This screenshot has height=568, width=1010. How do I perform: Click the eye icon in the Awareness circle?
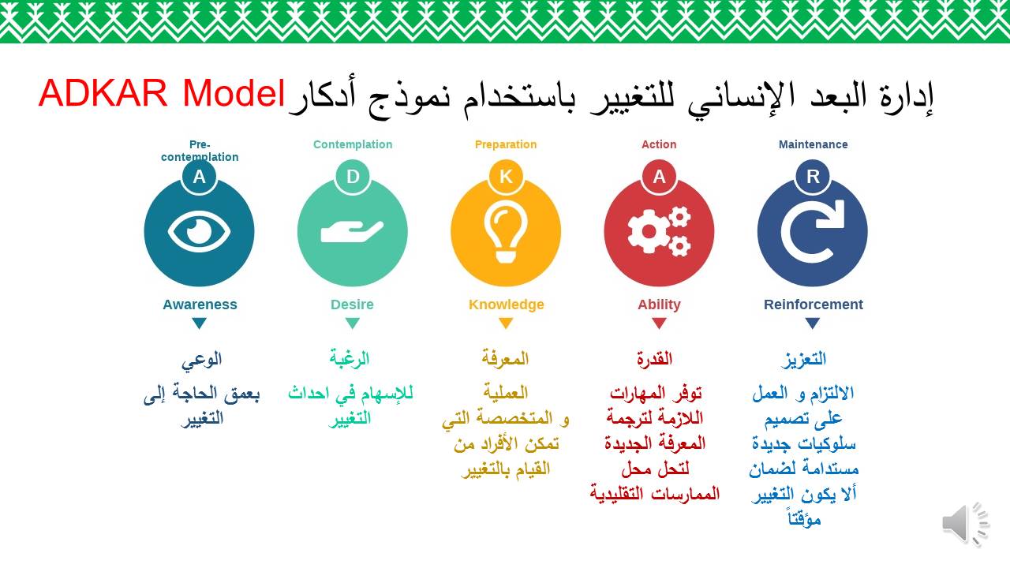(199, 232)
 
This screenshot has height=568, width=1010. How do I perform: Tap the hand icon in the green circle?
(352, 232)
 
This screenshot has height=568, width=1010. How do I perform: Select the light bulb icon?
(506, 232)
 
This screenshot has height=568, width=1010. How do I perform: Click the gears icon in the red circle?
(659, 232)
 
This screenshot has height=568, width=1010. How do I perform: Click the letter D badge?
(353, 176)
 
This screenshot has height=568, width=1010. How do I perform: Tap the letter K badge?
(506, 176)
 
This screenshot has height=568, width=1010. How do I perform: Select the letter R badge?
(813, 176)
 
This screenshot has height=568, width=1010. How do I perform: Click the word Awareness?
(200, 305)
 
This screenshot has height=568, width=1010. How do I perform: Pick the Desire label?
(352, 305)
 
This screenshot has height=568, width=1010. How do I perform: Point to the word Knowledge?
(507, 305)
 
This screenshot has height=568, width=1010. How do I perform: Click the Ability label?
(659, 305)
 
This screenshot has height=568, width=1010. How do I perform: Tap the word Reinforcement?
(814, 305)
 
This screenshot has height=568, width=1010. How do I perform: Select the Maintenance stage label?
(814, 144)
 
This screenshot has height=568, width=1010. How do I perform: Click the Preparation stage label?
(506, 144)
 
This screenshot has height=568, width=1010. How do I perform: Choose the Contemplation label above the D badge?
(353, 144)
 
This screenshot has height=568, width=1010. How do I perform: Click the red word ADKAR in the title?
(103, 93)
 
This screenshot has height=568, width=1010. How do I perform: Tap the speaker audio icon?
(965, 525)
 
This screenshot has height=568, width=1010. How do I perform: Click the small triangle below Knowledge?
(506, 323)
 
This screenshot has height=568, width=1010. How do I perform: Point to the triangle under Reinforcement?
(813, 323)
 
